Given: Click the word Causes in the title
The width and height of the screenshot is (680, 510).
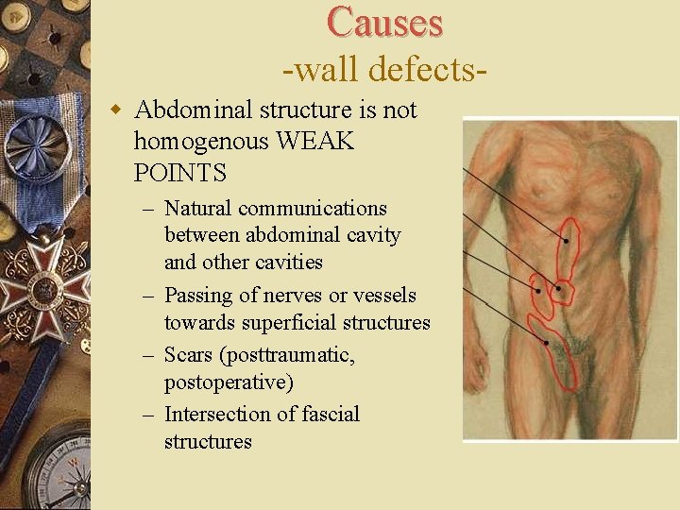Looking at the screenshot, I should click(x=384, y=23).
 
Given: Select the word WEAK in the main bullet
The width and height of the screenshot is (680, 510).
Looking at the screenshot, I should click(x=316, y=142).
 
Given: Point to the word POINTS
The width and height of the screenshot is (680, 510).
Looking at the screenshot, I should click(x=180, y=173).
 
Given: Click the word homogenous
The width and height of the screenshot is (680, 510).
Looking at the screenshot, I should click(x=201, y=142).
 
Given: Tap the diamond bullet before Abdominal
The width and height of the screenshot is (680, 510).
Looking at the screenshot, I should click(x=117, y=110).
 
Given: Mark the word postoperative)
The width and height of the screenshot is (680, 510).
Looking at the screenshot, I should click(x=229, y=382).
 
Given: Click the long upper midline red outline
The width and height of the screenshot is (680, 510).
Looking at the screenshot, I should click(x=569, y=243).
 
